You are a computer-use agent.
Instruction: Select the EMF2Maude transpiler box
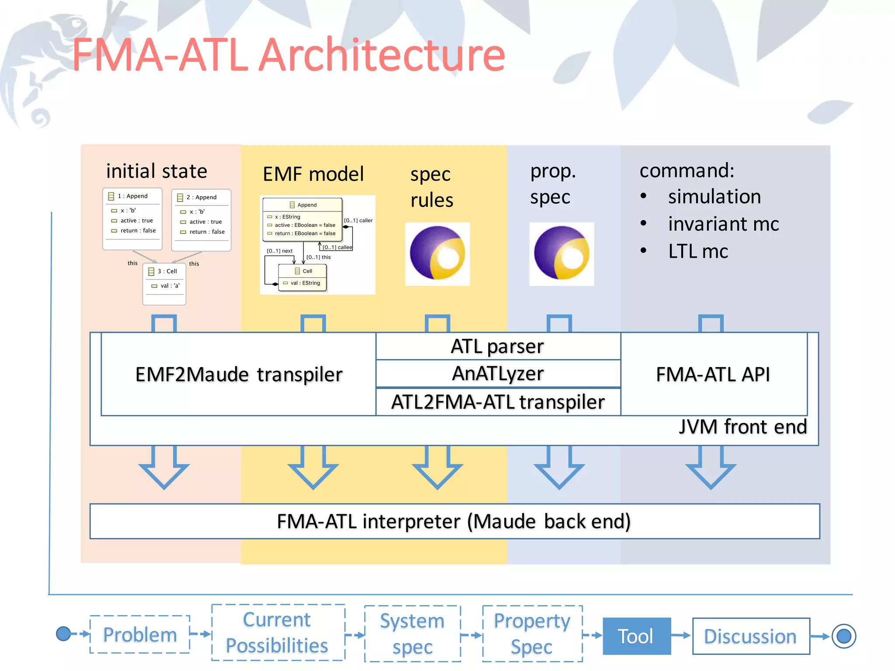point(239,374)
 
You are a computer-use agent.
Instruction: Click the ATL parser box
point(498,346)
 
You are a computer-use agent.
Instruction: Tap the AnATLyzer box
point(498,374)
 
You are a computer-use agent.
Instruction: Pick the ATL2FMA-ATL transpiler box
point(498,401)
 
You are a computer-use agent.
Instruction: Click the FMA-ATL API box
point(713,374)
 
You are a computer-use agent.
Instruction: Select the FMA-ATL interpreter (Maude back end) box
point(454,521)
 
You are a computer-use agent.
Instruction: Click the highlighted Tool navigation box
point(636,636)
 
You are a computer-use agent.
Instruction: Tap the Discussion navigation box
point(750,636)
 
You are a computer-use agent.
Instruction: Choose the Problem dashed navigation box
point(140,634)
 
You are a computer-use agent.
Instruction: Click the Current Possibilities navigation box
point(278,632)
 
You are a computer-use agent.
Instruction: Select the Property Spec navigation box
point(532,633)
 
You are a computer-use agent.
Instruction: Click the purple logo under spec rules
point(437,254)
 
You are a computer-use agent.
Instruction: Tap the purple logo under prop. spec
point(562,254)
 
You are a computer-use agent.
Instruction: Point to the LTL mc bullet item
point(697,251)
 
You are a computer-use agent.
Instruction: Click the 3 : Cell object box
point(164,283)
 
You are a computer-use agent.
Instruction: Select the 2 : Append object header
point(201,197)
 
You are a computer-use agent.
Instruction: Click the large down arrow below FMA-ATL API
point(711,467)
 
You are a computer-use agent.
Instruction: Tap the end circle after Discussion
point(843,636)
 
